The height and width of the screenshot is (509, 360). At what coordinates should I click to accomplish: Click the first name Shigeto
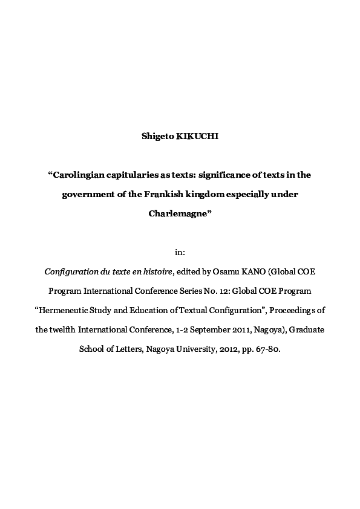click(157, 137)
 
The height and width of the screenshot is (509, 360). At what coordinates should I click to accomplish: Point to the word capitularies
click(134, 175)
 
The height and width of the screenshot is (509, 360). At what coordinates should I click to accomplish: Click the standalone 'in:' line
click(180, 252)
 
